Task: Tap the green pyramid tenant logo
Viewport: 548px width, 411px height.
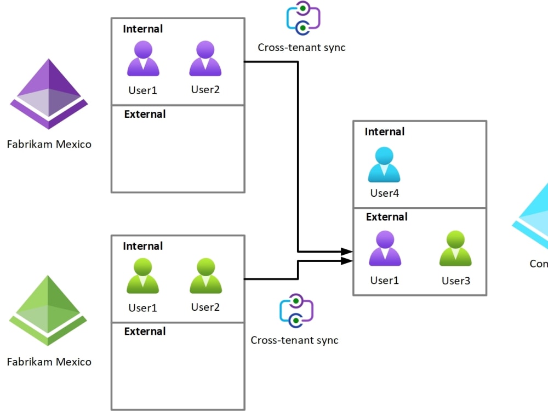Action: coord(48,311)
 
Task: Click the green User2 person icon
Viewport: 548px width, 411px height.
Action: coord(206,276)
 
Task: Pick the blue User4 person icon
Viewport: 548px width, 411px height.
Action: coord(384,165)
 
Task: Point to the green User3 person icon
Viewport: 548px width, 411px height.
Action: coord(455,249)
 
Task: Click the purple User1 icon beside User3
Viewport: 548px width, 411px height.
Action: coord(385,249)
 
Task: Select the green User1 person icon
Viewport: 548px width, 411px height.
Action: coord(143,276)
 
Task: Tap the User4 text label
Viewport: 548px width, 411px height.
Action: coord(384,193)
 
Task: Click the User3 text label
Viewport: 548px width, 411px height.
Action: coord(456,281)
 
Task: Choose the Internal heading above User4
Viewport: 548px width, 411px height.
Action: coord(385,132)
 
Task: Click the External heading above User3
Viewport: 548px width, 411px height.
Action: coord(387,217)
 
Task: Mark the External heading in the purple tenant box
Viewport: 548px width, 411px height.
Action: coord(145,114)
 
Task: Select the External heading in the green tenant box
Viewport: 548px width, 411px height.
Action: coord(145,331)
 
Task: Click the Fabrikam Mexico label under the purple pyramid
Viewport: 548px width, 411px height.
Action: coord(49,145)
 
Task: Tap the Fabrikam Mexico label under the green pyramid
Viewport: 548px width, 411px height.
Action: coord(49,362)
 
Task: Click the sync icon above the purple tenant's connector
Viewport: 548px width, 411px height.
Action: coord(302,18)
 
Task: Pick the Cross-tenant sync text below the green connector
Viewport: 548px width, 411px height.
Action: coord(294,340)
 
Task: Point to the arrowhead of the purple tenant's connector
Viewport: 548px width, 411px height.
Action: coord(347,252)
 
